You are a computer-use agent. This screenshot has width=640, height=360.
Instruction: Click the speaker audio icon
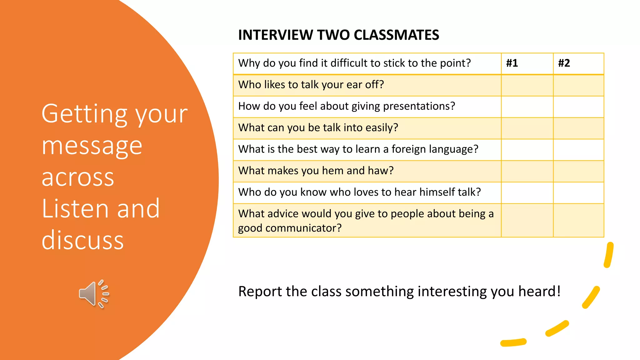click(93, 294)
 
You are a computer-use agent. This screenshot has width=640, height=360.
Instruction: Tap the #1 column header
click(512, 63)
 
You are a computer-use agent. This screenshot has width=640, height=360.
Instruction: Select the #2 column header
click(564, 63)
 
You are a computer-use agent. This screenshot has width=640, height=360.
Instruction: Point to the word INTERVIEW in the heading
click(275, 35)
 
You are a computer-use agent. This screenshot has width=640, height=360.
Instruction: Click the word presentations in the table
click(419, 106)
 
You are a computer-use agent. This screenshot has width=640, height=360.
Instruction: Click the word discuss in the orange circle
click(83, 240)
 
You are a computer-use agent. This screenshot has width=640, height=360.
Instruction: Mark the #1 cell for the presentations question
click(527, 107)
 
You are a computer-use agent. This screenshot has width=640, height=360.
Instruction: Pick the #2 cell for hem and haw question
click(578, 171)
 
